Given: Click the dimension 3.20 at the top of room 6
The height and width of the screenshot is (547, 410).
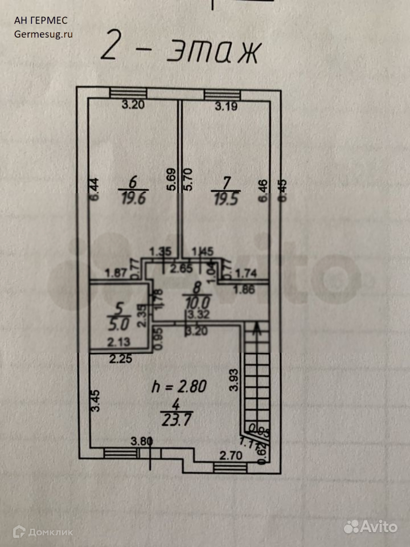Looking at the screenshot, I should [136, 104].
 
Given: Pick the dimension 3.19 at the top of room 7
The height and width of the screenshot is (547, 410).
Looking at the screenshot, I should [225, 105].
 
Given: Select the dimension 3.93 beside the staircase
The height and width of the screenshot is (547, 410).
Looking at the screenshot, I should [233, 379].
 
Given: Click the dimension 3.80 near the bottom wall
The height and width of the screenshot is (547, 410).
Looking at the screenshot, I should [142, 440].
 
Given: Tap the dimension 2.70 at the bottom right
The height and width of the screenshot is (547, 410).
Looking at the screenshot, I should [231, 455].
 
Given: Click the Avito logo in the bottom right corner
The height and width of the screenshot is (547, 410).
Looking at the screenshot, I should [370, 526].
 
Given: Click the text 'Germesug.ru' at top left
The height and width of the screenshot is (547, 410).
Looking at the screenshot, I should [44, 33].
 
